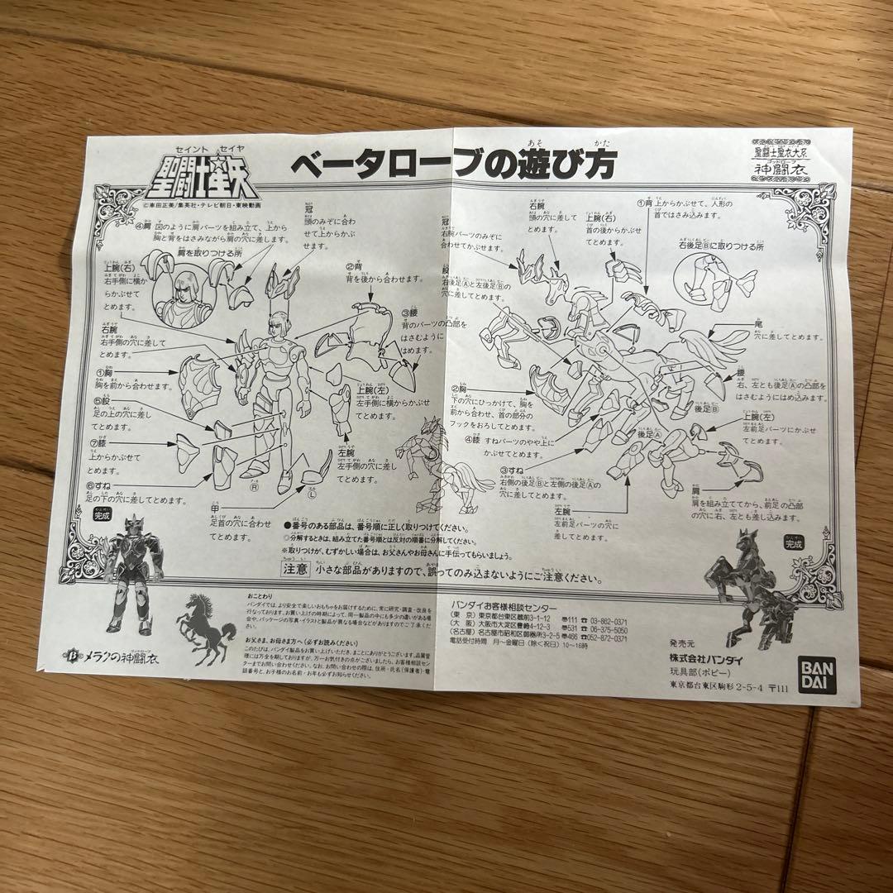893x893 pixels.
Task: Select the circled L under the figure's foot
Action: point(312,494)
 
